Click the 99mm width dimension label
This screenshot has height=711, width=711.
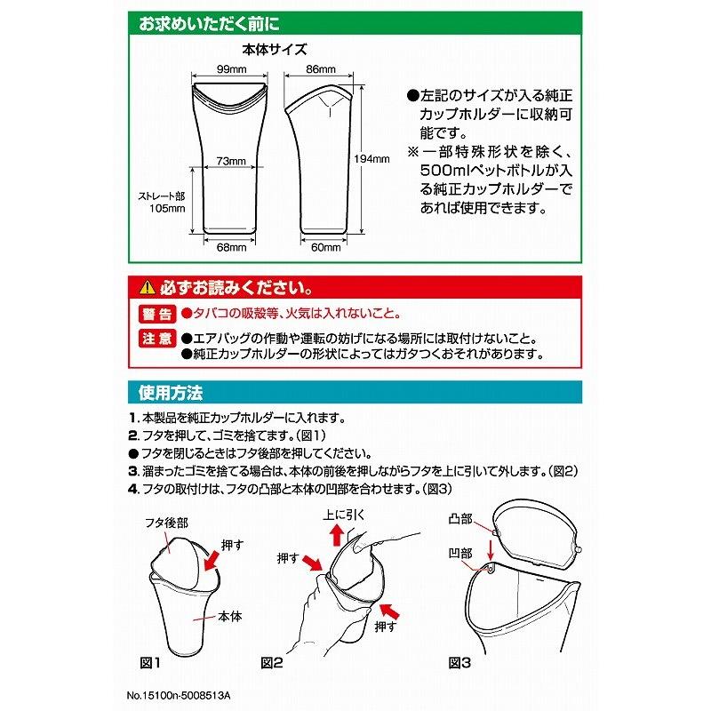[x=231, y=69]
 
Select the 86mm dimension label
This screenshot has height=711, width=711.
[x=321, y=69]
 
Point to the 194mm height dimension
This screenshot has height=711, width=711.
[x=371, y=159]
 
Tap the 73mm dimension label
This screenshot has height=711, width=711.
[x=231, y=161]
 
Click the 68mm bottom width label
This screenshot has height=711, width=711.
[x=231, y=247]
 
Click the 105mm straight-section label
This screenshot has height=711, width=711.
[x=167, y=209]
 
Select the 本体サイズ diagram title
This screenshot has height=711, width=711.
[x=275, y=50]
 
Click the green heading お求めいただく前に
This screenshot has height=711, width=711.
[x=209, y=24]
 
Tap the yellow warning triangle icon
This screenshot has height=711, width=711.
[x=148, y=287]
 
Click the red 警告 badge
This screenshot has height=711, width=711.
[x=157, y=314]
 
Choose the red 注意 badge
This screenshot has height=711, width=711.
[x=157, y=339]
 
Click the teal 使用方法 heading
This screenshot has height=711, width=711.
[x=171, y=392]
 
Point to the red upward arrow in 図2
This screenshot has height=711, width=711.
[x=337, y=535]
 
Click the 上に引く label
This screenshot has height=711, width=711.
[x=343, y=515]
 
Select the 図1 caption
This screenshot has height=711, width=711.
[x=149, y=662]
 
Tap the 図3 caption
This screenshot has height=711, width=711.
[x=459, y=662]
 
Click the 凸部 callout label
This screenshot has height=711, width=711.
[x=460, y=519]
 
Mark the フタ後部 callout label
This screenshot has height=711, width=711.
[x=166, y=523]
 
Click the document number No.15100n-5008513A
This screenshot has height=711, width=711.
[x=179, y=695]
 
